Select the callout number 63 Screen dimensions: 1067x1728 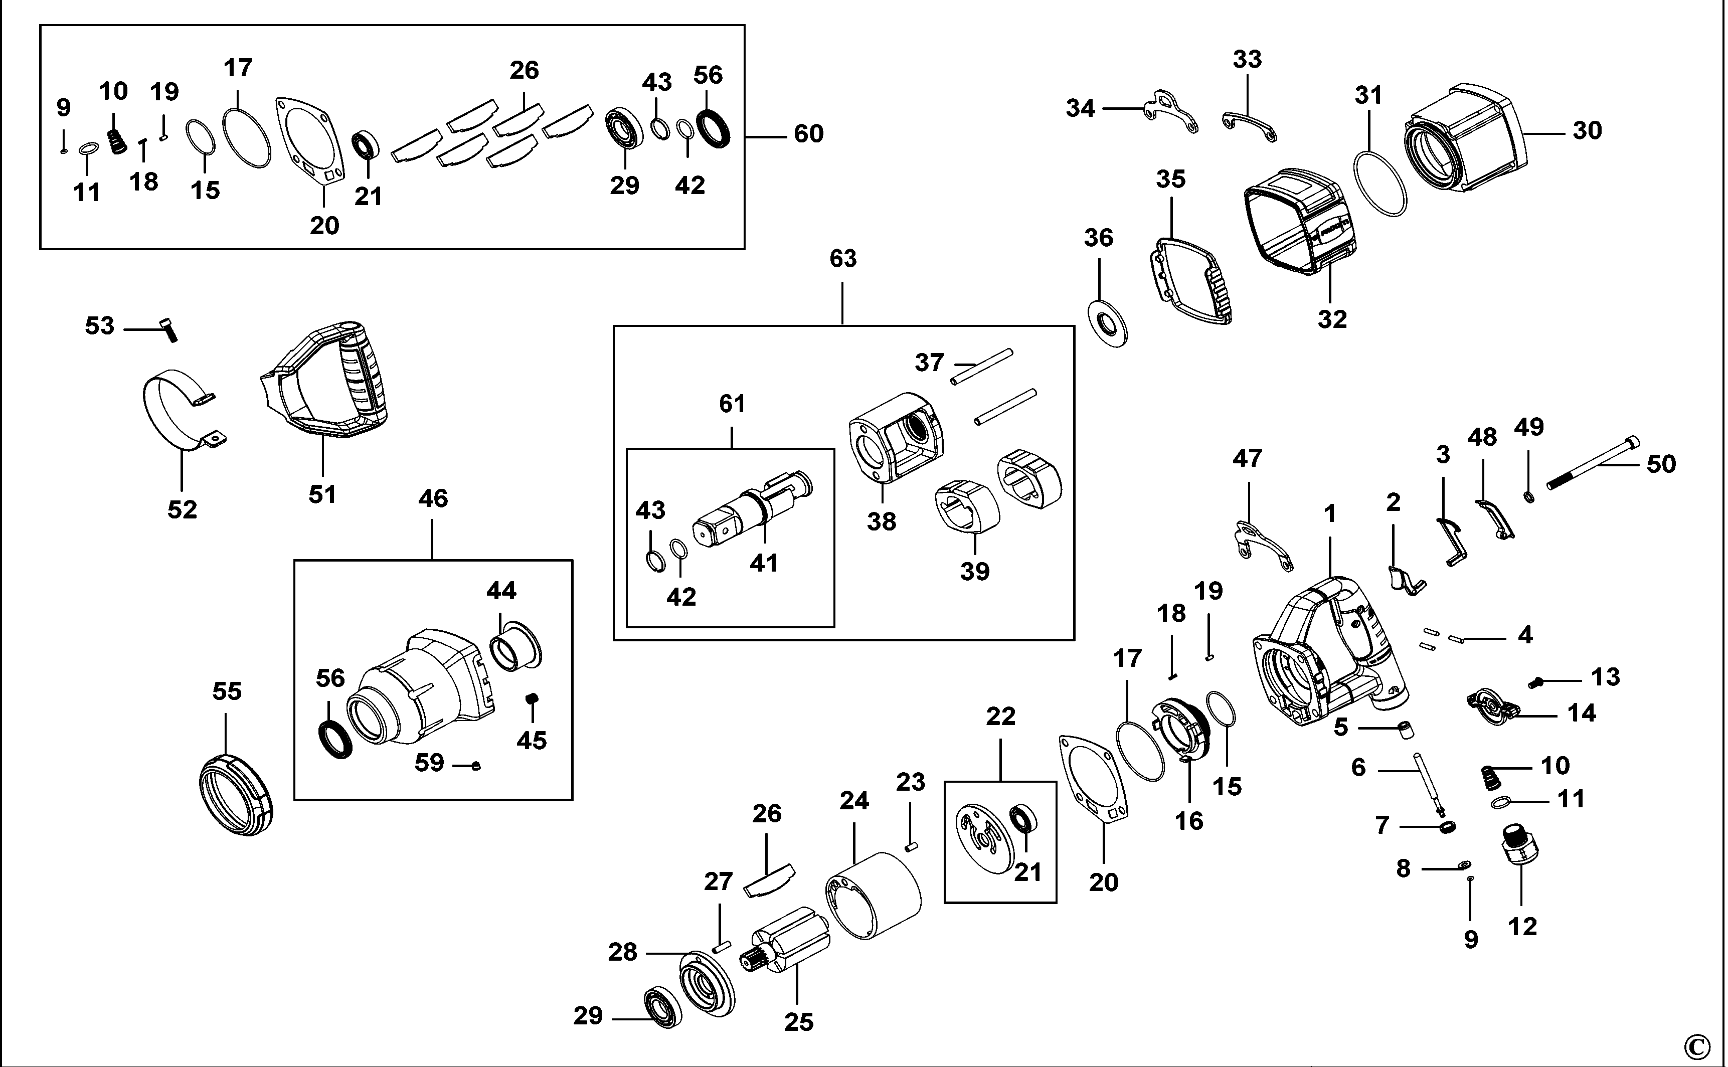tap(842, 259)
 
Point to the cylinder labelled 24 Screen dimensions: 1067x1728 tap(875, 896)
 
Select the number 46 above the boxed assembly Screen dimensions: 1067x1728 tap(433, 499)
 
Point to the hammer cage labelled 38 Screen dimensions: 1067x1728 tap(896, 438)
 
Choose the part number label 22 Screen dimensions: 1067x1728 tap(1000, 717)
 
